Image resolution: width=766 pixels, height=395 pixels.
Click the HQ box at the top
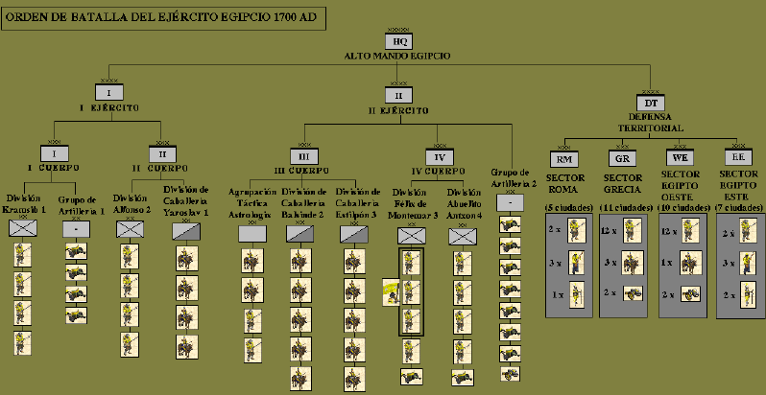click(401, 42)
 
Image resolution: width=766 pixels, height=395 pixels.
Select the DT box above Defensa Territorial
click(650, 103)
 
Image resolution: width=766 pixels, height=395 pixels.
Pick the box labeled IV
click(439, 155)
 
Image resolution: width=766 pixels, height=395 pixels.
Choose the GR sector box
click(621, 158)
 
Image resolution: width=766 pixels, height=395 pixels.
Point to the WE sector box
click(679, 158)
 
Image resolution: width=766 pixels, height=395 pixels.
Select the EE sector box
click(736, 158)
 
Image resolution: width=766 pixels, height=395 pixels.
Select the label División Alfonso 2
click(132, 203)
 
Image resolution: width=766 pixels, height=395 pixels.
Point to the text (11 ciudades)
click(625, 206)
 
